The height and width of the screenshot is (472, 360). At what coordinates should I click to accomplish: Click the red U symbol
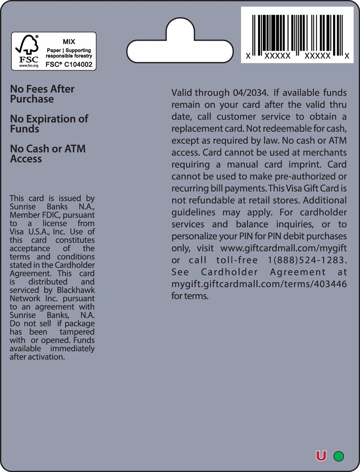[321, 456]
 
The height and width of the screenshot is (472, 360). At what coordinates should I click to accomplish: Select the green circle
[338, 456]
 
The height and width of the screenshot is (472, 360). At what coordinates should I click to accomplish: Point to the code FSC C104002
[68, 65]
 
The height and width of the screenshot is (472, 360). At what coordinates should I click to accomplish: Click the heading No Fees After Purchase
[42, 94]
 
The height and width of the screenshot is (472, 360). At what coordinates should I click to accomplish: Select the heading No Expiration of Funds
[49, 124]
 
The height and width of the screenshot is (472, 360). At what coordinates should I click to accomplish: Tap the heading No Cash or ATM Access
[48, 153]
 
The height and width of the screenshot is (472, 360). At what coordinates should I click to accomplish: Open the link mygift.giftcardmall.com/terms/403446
[259, 284]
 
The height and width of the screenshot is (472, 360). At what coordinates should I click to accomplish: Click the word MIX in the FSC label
[69, 42]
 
